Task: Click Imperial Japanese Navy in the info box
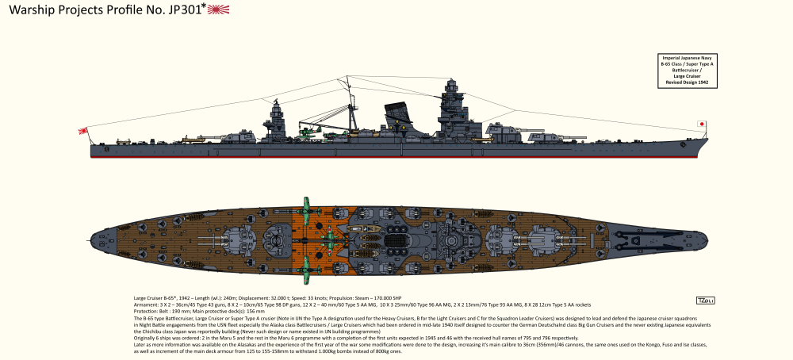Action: tap(686, 58)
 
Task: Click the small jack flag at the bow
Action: tap(701, 124)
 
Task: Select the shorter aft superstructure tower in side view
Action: tap(278, 123)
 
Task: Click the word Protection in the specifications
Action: tap(148, 312)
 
